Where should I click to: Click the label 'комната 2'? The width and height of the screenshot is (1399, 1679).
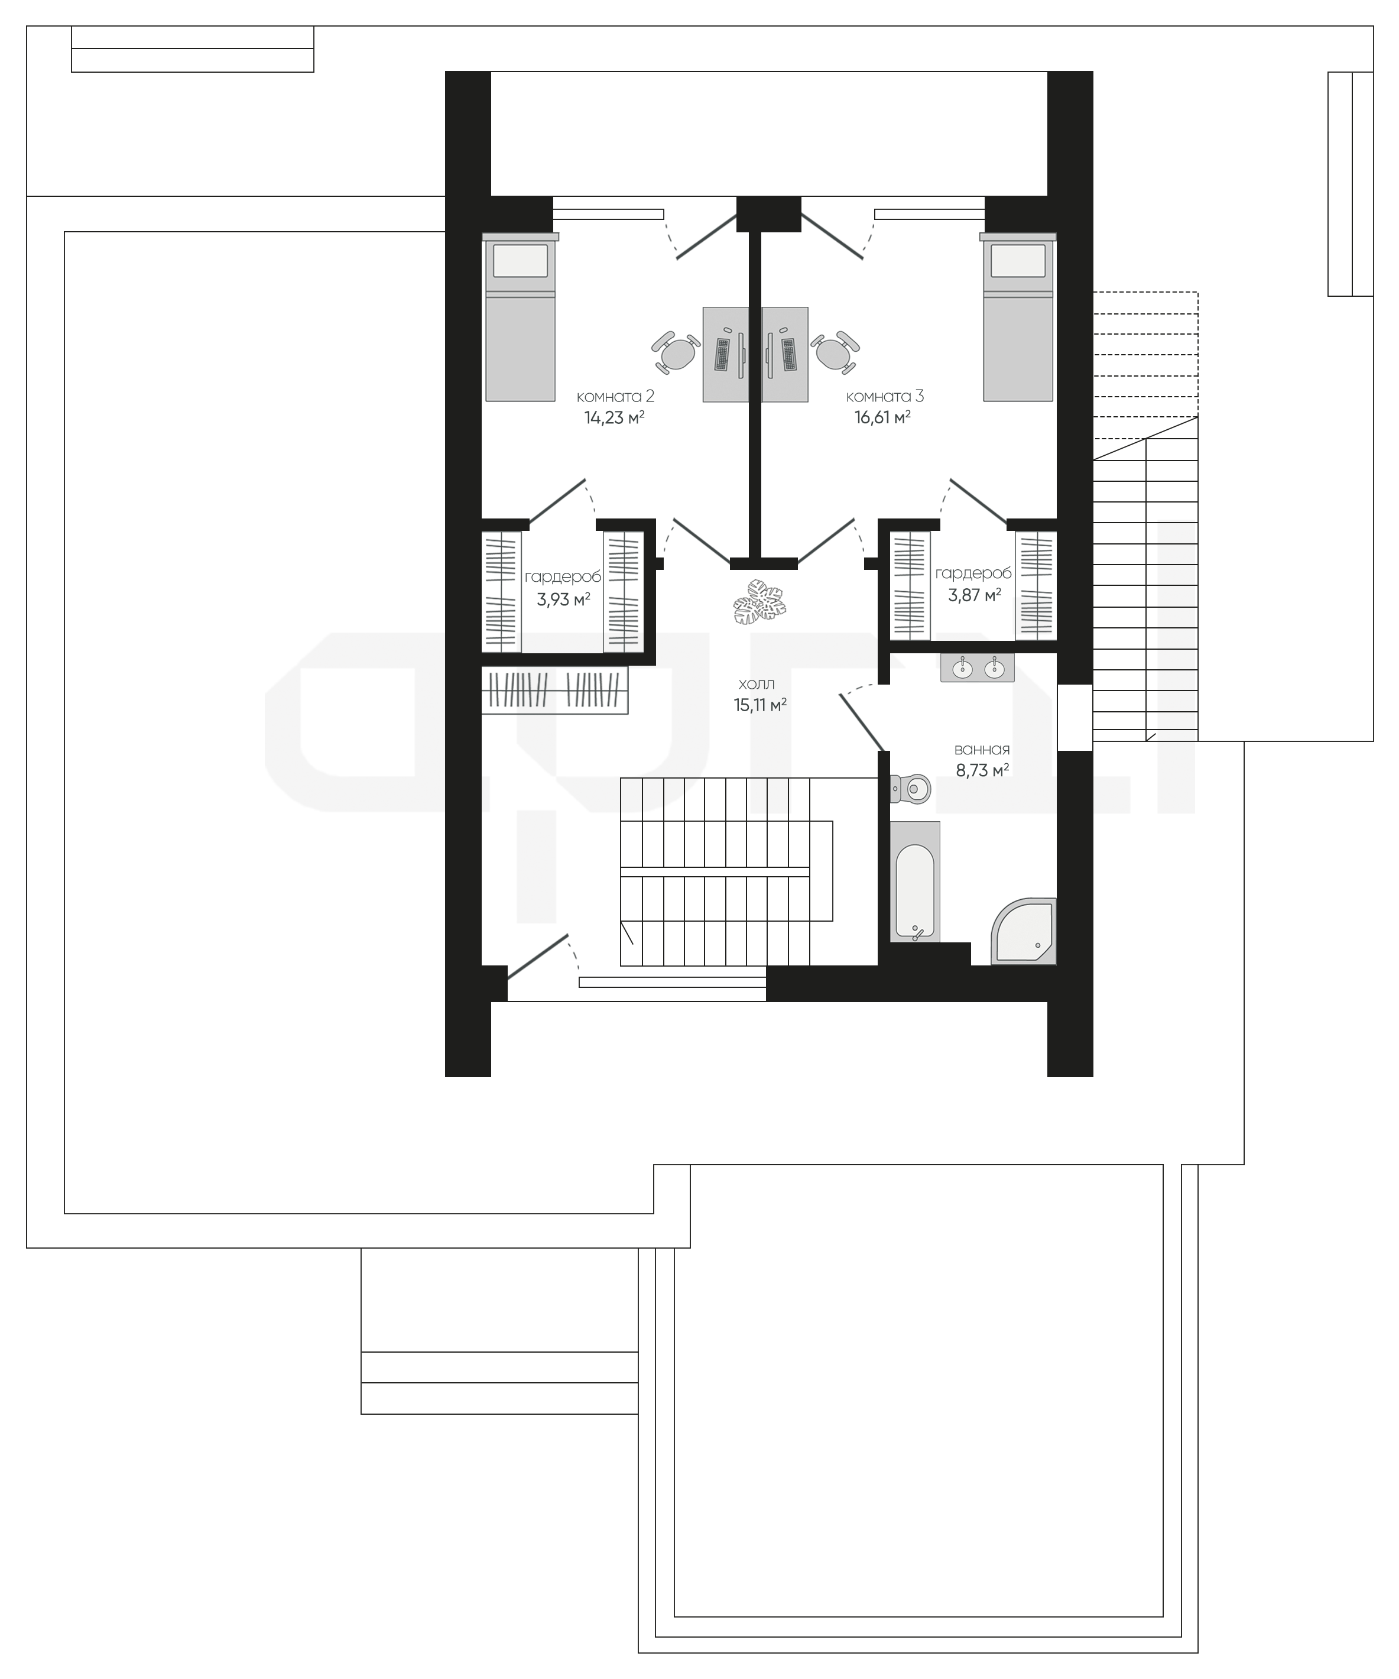tap(615, 397)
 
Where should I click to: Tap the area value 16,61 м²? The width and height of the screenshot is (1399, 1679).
tap(882, 417)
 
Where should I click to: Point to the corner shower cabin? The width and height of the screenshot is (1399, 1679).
tap(1025, 932)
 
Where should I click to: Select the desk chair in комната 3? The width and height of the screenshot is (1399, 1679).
tap(835, 352)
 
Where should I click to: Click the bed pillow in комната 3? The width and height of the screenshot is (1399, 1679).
tap(1018, 261)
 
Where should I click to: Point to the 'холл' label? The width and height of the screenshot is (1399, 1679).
tap(757, 685)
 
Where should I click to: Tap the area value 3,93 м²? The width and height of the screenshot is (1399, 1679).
tap(564, 599)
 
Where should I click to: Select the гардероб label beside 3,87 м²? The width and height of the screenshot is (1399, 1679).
tap(973, 573)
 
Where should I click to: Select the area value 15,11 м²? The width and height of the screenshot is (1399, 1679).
tap(760, 705)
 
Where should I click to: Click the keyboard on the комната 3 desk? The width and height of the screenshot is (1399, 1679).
tap(789, 354)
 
